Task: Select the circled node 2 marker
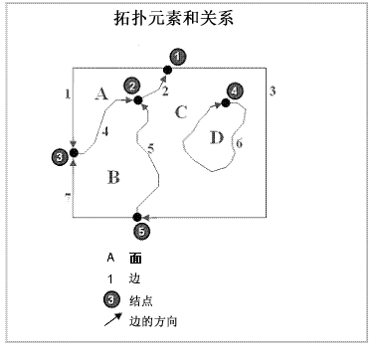coord(131,88)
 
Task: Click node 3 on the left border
coord(60,155)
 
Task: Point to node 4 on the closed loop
coord(233,90)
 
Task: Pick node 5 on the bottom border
coord(141,230)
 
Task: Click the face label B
coord(113,178)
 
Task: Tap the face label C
coord(180,110)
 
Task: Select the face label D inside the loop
coord(217,136)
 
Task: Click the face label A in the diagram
coord(99,94)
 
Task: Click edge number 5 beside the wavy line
coord(151,148)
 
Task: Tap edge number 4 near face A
coord(105,130)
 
